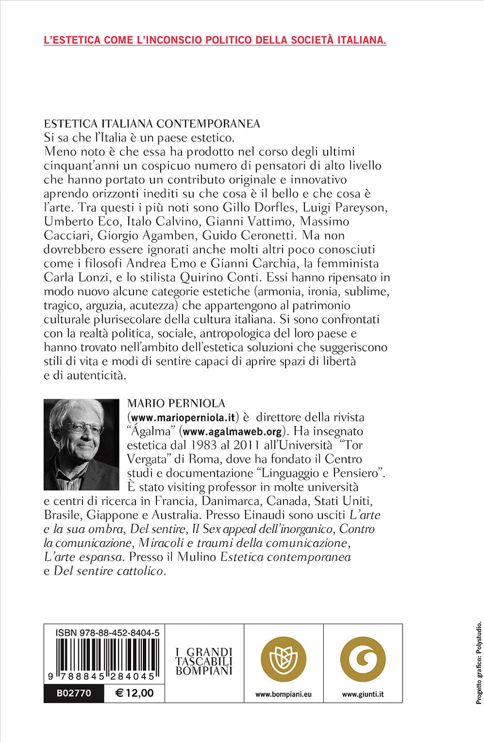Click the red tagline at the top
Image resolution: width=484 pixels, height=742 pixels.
point(215,40)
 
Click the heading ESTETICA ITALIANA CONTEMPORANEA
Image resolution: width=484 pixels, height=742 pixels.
point(152,124)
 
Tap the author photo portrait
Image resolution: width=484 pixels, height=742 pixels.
point(81,445)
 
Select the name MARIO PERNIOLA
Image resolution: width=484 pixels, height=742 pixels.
point(176,403)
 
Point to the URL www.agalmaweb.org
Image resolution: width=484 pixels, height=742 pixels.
point(232,431)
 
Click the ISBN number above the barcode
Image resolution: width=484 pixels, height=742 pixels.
point(107,632)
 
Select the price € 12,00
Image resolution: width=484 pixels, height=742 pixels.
point(135,694)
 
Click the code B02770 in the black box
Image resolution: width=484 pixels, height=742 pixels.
point(74,694)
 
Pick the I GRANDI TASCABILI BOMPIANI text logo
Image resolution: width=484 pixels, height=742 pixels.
point(204,661)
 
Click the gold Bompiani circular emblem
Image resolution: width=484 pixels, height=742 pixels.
point(284,659)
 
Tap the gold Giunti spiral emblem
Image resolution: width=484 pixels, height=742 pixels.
point(363,659)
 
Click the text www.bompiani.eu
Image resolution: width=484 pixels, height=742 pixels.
point(284,694)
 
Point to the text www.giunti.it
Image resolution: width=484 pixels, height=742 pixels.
point(363,694)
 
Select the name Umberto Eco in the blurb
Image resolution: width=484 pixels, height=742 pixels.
point(81,222)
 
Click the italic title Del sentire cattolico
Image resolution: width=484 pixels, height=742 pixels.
point(108,571)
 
